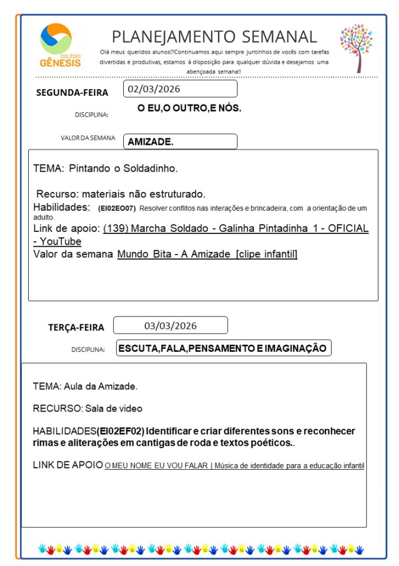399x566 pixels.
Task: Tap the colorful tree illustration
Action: click(x=356, y=48)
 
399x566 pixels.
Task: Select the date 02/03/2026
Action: click(x=154, y=89)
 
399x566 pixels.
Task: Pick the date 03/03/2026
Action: click(x=170, y=325)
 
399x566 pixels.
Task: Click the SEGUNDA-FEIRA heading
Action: click(x=72, y=92)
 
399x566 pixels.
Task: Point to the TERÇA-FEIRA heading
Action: click(x=76, y=328)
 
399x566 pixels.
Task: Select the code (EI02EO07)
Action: click(x=116, y=209)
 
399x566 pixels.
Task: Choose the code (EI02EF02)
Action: click(x=121, y=431)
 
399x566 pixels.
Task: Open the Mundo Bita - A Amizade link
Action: click(x=207, y=255)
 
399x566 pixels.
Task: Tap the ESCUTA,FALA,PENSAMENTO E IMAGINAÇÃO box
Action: click(x=223, y=348)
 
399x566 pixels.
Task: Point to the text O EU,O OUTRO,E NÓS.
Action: click(x=189, y=108)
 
